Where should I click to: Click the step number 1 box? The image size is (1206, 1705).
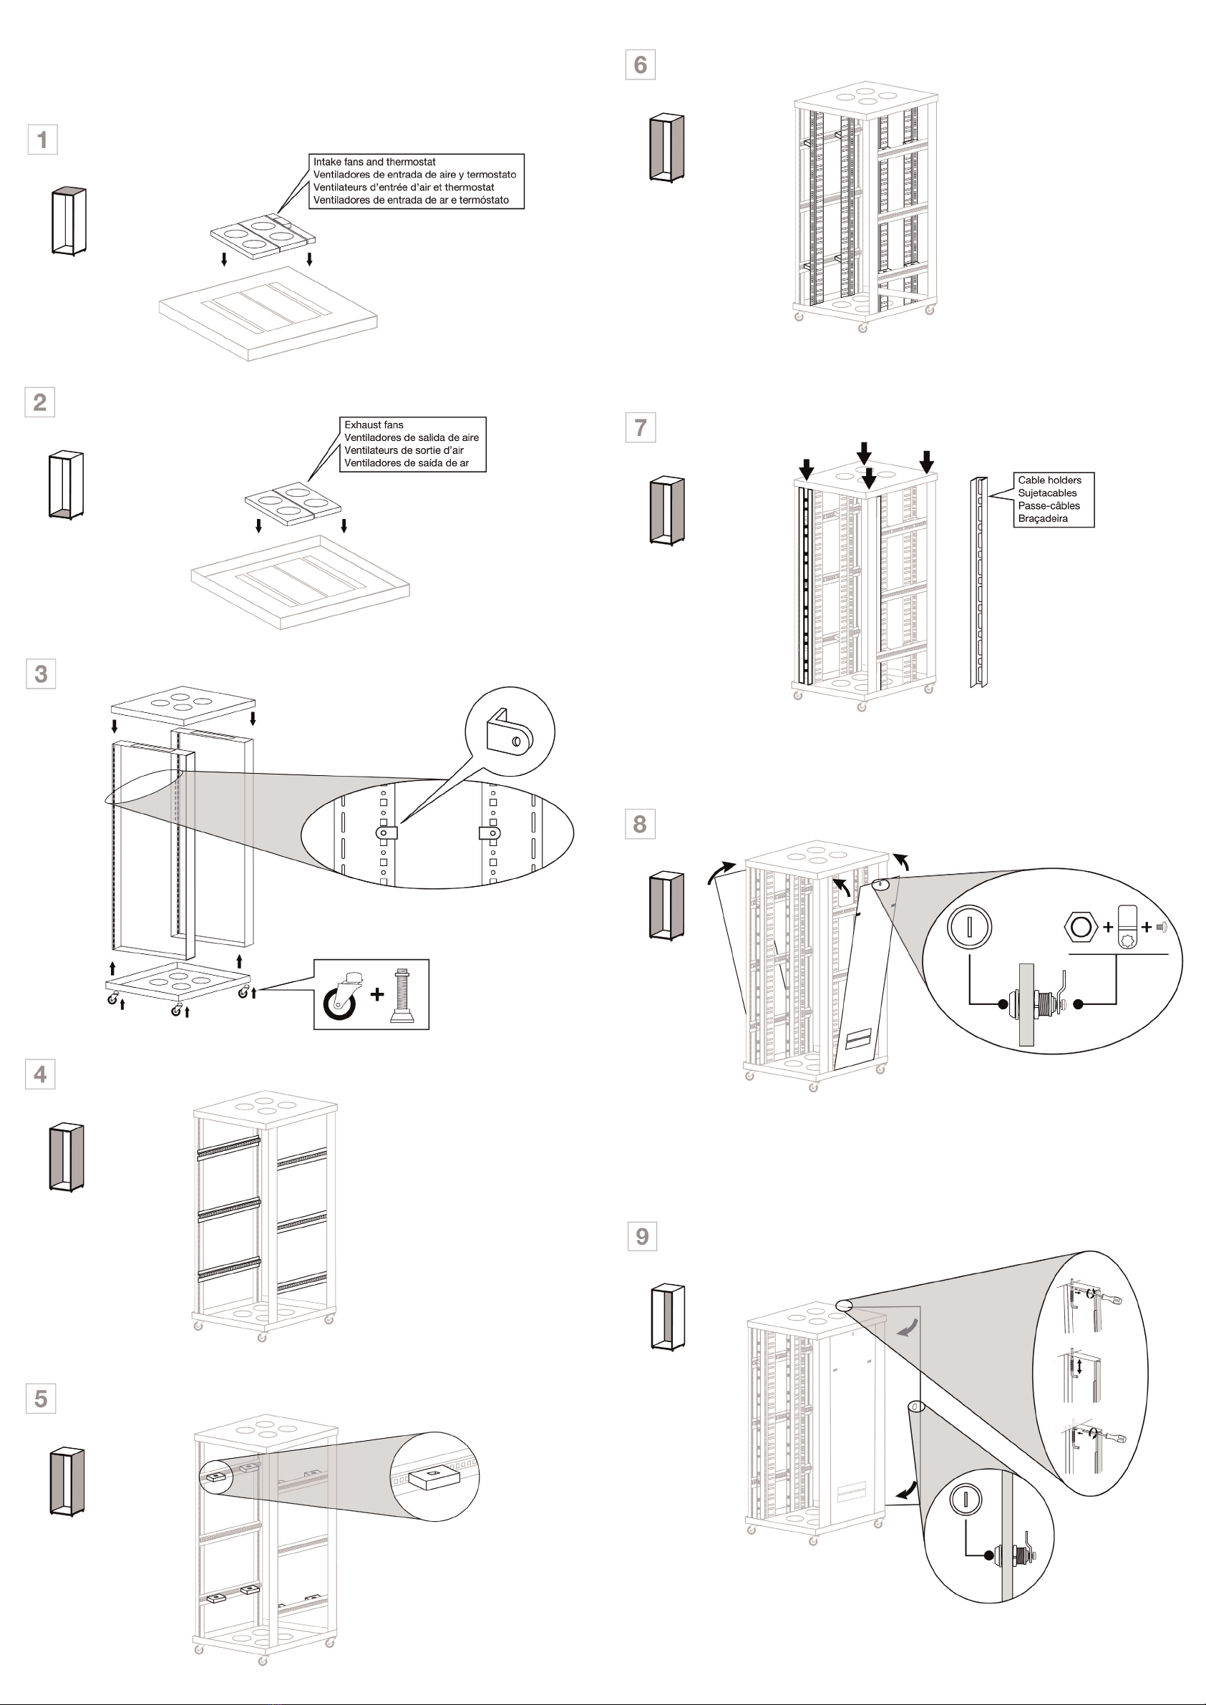pyautogui.click(x=42, y=139)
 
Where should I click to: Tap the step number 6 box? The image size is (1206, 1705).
pyautogui.click(x=640, y=64)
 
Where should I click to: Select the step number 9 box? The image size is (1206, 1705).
pyautogui.click(x=641, y=1235)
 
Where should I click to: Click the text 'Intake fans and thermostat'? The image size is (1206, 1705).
pyautogui.click(x=374, y=162)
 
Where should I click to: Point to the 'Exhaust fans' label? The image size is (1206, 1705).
pyautogui.click(x=374, y=424)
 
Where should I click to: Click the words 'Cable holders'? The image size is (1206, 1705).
pyautogui.click(x=1049, y=480)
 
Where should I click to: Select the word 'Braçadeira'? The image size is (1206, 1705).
pyautogui.click(x=1043, y=518)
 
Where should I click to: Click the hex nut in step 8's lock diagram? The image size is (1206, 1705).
pyautogui.click(x=1081, y=927)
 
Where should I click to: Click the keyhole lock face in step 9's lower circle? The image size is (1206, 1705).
pyautogui.click(x=966, y=1499)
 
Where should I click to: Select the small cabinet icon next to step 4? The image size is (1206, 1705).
pyautogui.click(x=67, y=1157)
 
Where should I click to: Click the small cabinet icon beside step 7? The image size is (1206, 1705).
pyautogui.click(x=667, y=511)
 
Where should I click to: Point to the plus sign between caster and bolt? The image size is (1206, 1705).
pyautogui.click(x=377, y=994)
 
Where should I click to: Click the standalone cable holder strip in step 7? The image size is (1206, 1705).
pyautogui.click(x=980, y=582)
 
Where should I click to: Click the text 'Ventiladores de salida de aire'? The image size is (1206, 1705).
pyautogui.click(x=412, y=437)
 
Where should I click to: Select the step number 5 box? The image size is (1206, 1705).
pyautogui.click(x=40, y=1399)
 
